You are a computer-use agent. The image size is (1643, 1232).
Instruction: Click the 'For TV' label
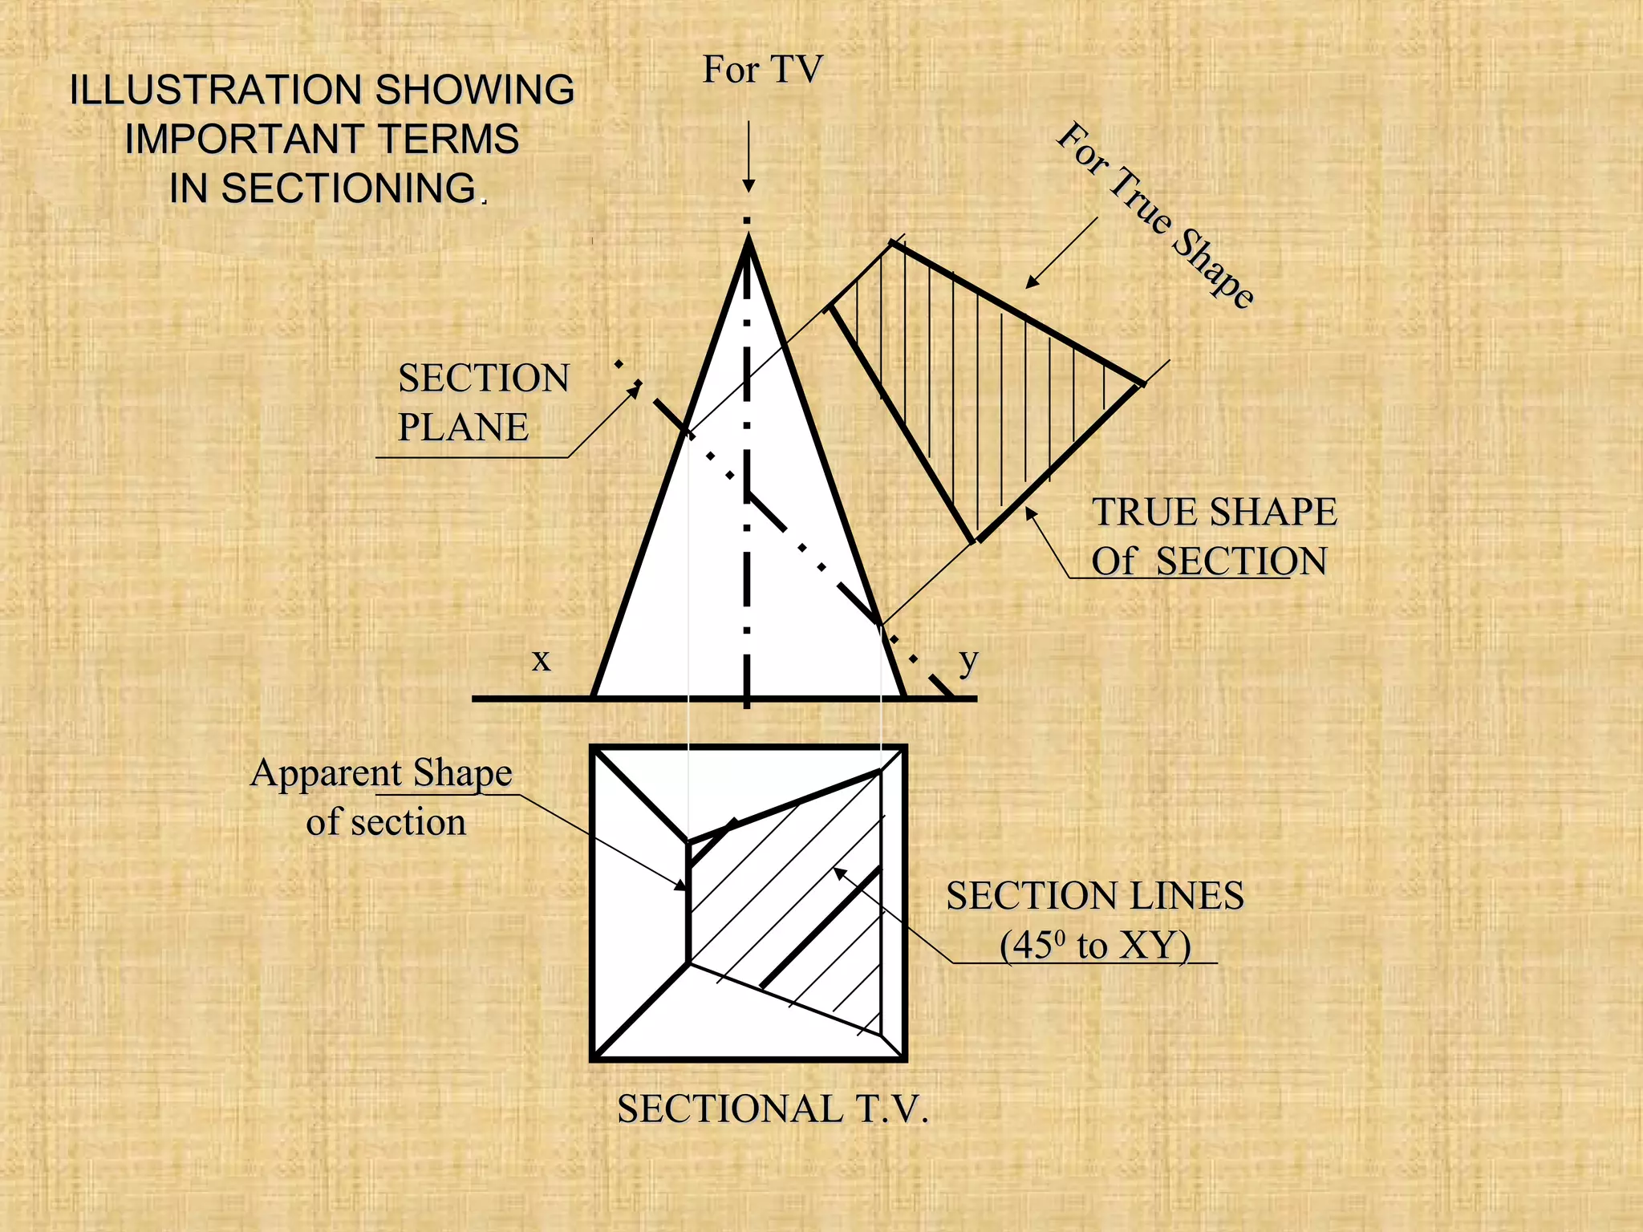coord(762,70)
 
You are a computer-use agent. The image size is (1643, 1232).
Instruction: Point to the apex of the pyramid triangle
coord(748,238)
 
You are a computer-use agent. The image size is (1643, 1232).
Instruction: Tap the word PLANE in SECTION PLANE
coord(463,427)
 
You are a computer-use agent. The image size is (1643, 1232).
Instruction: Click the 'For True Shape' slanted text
coord(1155,214)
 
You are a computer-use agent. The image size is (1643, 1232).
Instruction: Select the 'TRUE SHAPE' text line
coord(1214,512)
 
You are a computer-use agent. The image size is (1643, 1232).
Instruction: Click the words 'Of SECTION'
coord(1208,561)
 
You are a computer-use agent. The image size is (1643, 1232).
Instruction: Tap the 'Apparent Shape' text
coord(381,773)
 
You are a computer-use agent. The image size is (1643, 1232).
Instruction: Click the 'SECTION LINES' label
coord(1094,896)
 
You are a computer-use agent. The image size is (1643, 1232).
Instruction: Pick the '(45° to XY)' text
coord(1094,946)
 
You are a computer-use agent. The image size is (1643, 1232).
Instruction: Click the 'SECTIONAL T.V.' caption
coord(772,1109)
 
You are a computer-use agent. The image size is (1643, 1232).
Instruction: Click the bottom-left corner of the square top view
coord(594,1058)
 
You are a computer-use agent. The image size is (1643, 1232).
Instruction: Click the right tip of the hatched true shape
coord(1140,383)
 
